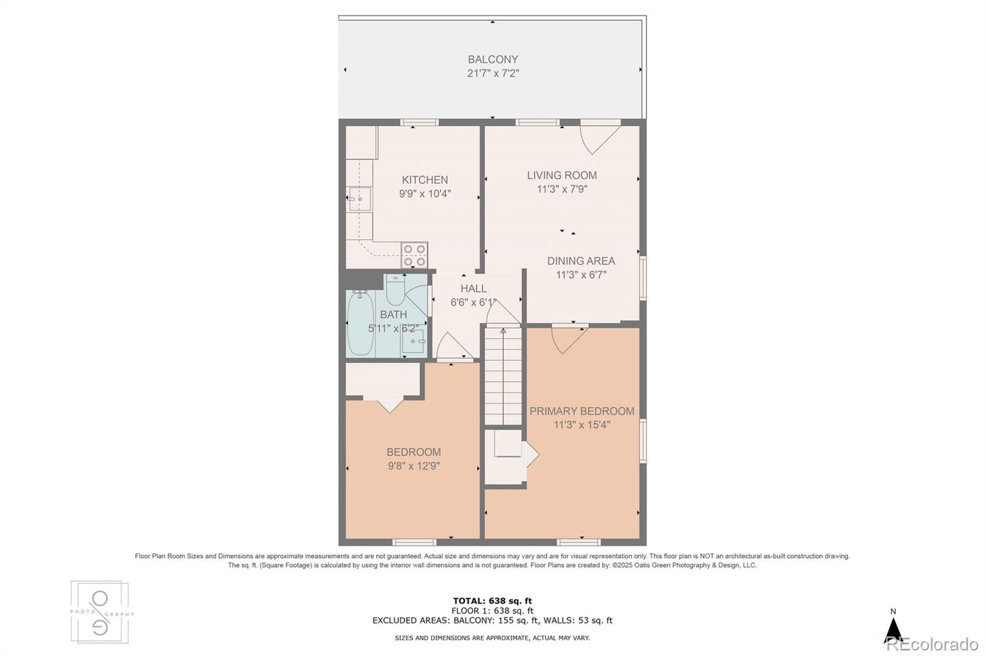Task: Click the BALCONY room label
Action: [x=492, y=60]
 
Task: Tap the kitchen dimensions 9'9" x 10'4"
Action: [x=425, y=193]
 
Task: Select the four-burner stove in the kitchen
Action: [x=414, y=255]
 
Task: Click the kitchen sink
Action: [x=359, y=199]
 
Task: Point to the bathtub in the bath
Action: [x=359, y=324]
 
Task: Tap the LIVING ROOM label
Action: [x=561, y=175]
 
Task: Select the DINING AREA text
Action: [x=581, y=261]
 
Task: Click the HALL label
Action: [x=473, y=289]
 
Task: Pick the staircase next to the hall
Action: [x=503, y=375]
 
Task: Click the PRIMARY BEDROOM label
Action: [x=581, y=411]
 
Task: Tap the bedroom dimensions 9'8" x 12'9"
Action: [x=413, y=466]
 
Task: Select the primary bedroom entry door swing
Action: [x=568, y=339]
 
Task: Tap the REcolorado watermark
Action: [x=931, y=644]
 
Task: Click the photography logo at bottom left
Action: [x=100, y=612]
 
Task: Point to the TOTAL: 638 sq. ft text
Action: [x=492, y=601]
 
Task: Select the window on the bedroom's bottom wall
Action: [x=414, y=542]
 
